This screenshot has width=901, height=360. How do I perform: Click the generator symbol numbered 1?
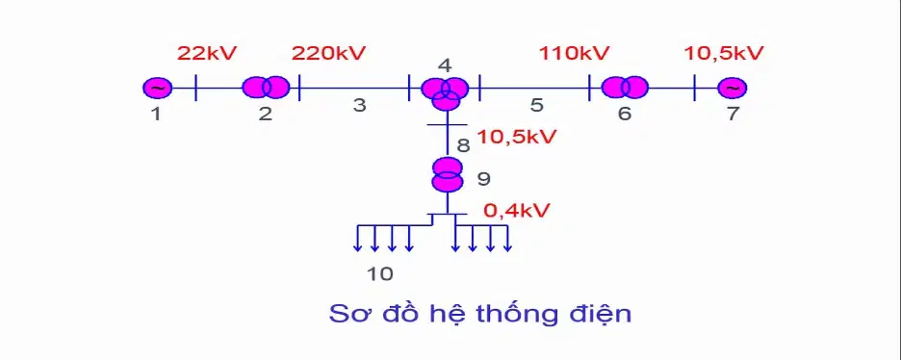point(158,88)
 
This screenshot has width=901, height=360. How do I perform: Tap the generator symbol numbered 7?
point(732,88)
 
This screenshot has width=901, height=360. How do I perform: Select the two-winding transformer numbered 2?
point(266,88)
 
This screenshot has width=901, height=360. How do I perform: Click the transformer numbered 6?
point(625,88)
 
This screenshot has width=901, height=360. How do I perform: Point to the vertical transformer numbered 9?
point(447,174)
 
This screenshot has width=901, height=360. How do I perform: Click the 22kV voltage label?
point(207,53)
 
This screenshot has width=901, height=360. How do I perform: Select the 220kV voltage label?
point(328,53)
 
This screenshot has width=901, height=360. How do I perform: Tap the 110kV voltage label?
point(574,53)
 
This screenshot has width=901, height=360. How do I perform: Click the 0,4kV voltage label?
point(517,211)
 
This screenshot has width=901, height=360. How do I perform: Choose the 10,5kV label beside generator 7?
point(724,53)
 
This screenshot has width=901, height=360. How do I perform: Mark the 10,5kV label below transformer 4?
point(517,138)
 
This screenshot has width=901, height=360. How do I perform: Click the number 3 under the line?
point(359,106)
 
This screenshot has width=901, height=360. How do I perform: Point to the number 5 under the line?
point(537,106)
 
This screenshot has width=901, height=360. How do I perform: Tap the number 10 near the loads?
point(380,274)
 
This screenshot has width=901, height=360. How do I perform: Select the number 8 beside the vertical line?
point(463,145)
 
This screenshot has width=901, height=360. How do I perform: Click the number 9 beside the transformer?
point(484,179)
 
